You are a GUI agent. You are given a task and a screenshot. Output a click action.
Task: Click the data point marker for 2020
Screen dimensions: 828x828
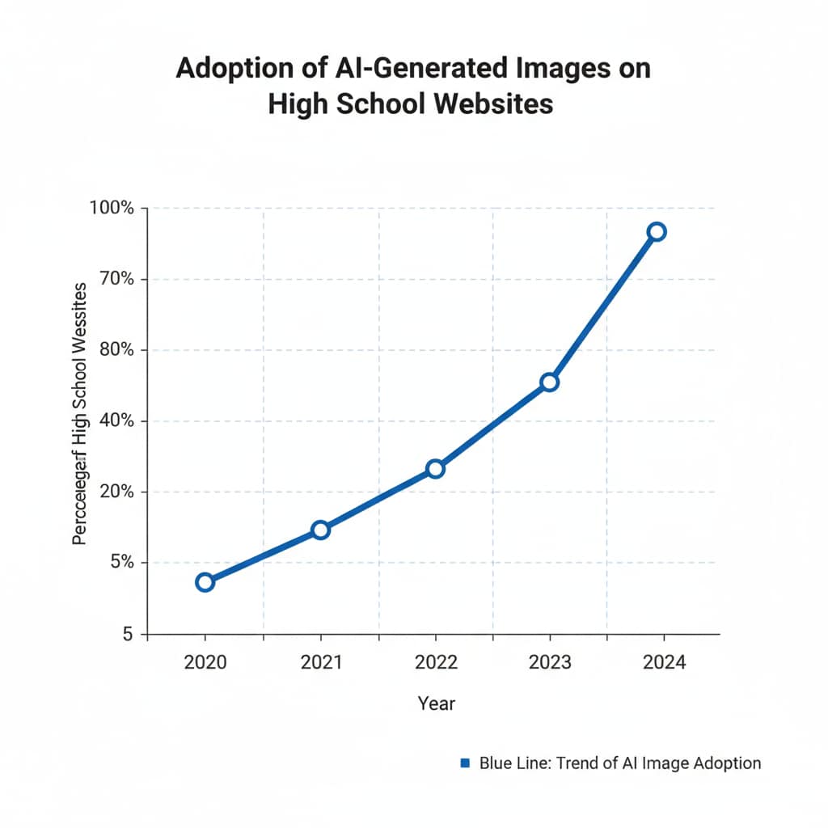[x=205, y=582]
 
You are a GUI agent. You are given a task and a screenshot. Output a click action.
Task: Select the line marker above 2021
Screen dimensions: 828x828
[x=320, y=530]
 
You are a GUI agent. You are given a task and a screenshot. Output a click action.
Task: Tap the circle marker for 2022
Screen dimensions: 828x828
[x=435, y=469]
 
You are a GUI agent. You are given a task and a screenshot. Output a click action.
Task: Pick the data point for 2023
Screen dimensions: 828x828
[x=550, y=382]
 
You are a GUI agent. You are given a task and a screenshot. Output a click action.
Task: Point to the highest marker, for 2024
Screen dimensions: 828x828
[x=657, y=232]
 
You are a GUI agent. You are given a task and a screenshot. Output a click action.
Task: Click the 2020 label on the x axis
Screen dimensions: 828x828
[x=205, y=662]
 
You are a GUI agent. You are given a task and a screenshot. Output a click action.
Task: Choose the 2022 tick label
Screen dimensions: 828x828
[x=436, y=662]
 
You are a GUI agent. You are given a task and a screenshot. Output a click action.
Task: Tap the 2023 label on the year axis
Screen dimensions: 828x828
[x=550, y=662]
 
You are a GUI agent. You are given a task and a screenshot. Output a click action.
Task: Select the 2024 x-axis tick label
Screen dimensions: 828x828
[x=665, y=662]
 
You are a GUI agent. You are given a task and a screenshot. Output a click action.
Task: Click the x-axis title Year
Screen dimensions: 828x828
[x=437, y=703]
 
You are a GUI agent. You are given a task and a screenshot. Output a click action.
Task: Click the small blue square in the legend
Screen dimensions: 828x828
[x=464, y=763]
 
